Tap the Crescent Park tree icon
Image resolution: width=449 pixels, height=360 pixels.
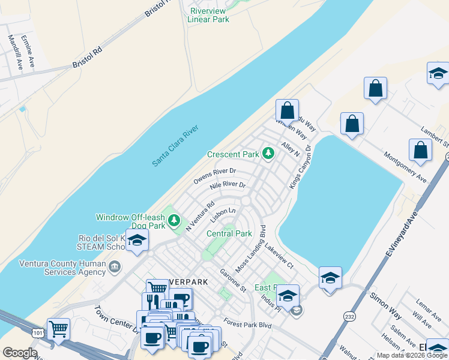[268, 154]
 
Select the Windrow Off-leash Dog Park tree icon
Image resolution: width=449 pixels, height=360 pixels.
[174, 221]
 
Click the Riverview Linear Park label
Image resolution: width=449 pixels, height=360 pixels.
[208, 15]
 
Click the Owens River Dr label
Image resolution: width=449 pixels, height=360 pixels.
[214, 176]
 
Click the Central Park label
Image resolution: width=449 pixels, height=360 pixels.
[229, 233]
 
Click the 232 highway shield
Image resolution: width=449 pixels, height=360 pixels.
[349, 316]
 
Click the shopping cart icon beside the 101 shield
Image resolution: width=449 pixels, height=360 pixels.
[58, 328]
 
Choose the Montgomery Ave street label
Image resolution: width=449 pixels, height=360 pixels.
[406, 167]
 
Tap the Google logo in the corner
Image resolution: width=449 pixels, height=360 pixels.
[20, 353]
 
